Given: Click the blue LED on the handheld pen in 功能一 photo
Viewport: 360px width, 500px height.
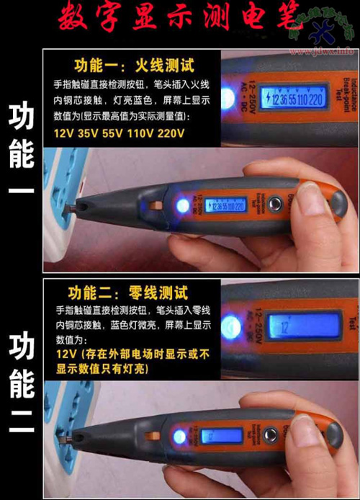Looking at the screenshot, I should (x=182, y=207).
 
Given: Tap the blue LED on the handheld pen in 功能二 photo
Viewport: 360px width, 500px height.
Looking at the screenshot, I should (x=179, y=437).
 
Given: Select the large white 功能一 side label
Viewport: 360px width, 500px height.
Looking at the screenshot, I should (x=21, y=156).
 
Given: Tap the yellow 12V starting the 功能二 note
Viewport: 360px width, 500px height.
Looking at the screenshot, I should (x=66, y=354).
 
